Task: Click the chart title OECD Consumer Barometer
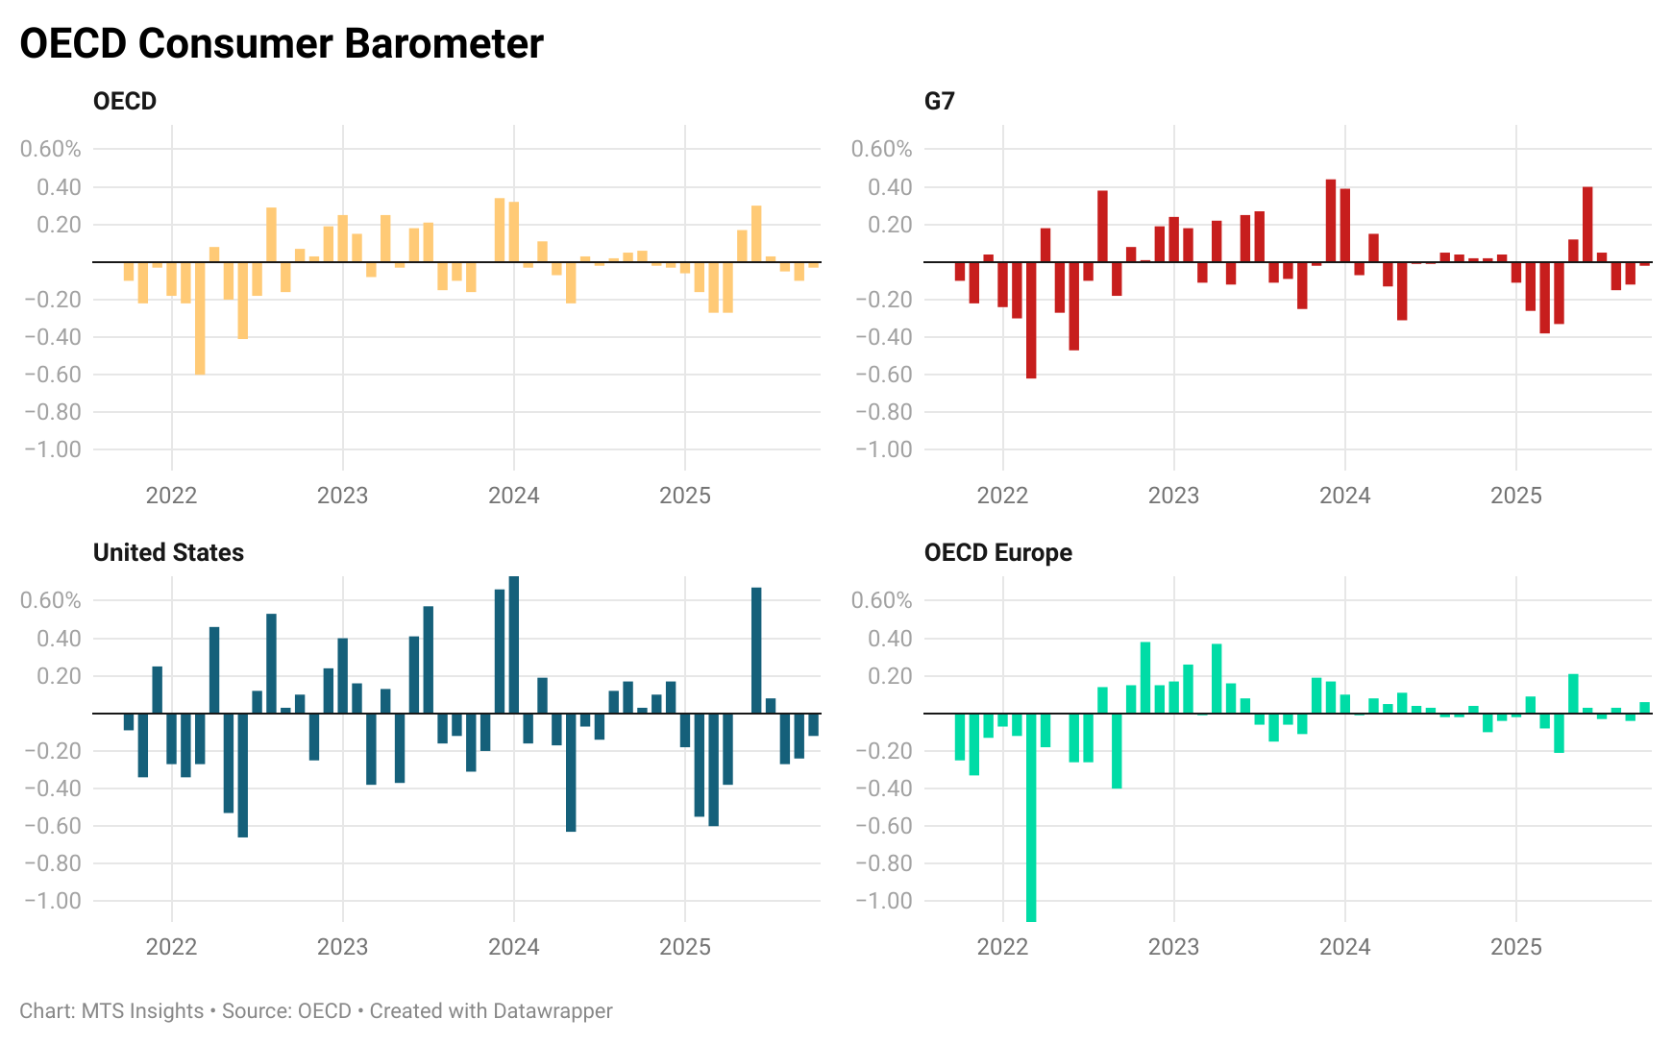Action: point(282,44)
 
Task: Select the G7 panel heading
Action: point(939,101)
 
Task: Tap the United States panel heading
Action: point(168,552)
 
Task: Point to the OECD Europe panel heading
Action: point(997,552)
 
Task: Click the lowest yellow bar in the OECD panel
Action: point(200,318)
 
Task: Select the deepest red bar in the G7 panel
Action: point(1031,320)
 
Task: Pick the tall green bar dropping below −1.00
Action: point(1031,816)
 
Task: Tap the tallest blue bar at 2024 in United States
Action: point(514,644)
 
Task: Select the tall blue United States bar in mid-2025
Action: point(756,650)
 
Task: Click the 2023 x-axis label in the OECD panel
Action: point(342,496)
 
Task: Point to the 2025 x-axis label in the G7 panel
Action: point(1515,496)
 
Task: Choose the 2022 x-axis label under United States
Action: point(171,947)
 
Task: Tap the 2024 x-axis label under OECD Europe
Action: point(1344,947)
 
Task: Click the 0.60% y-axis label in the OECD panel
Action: point(51,149)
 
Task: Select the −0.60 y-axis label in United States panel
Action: point(51,826)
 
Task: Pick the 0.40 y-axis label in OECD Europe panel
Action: point(890,639)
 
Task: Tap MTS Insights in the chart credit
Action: point(142,1011)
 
